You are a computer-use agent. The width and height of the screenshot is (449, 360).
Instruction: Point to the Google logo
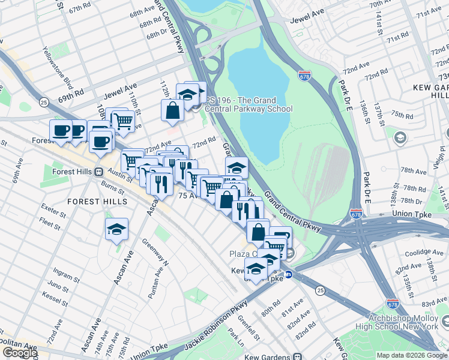pos(20,353)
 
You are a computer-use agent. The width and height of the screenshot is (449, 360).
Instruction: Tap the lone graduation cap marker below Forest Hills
pos(117,229)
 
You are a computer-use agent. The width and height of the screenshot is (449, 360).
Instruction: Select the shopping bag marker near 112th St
pos(172,110)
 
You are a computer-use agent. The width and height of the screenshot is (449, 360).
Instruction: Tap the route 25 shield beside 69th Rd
pos(44,103)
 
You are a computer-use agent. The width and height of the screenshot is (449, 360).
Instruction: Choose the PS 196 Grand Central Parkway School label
pos(249,104)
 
